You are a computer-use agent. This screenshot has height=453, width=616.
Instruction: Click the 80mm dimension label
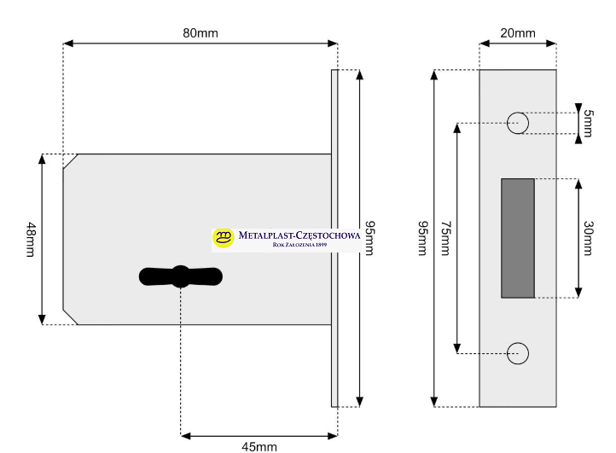tap(200, 32)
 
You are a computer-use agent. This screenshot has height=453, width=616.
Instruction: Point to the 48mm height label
tap(32, 239)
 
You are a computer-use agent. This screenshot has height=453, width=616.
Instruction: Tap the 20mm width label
tap(517, 33)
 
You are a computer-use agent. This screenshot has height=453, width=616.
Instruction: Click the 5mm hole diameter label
tap(588, 124)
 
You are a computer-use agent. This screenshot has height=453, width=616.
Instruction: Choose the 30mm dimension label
tap(588, 238)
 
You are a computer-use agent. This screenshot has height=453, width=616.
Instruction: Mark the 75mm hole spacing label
tap(445, 238)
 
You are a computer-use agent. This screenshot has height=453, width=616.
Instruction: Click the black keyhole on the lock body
tap(180, 276)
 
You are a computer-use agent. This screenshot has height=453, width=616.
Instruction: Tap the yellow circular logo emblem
tap(224, 237)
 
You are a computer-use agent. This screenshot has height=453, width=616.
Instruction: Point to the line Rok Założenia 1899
tap(299, 246)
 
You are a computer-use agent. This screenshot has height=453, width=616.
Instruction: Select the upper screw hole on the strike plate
tap(518, 123)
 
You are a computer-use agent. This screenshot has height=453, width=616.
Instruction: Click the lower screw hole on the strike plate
tap(518, 352)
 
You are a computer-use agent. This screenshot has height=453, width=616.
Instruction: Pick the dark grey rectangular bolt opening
tap(517, 238)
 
